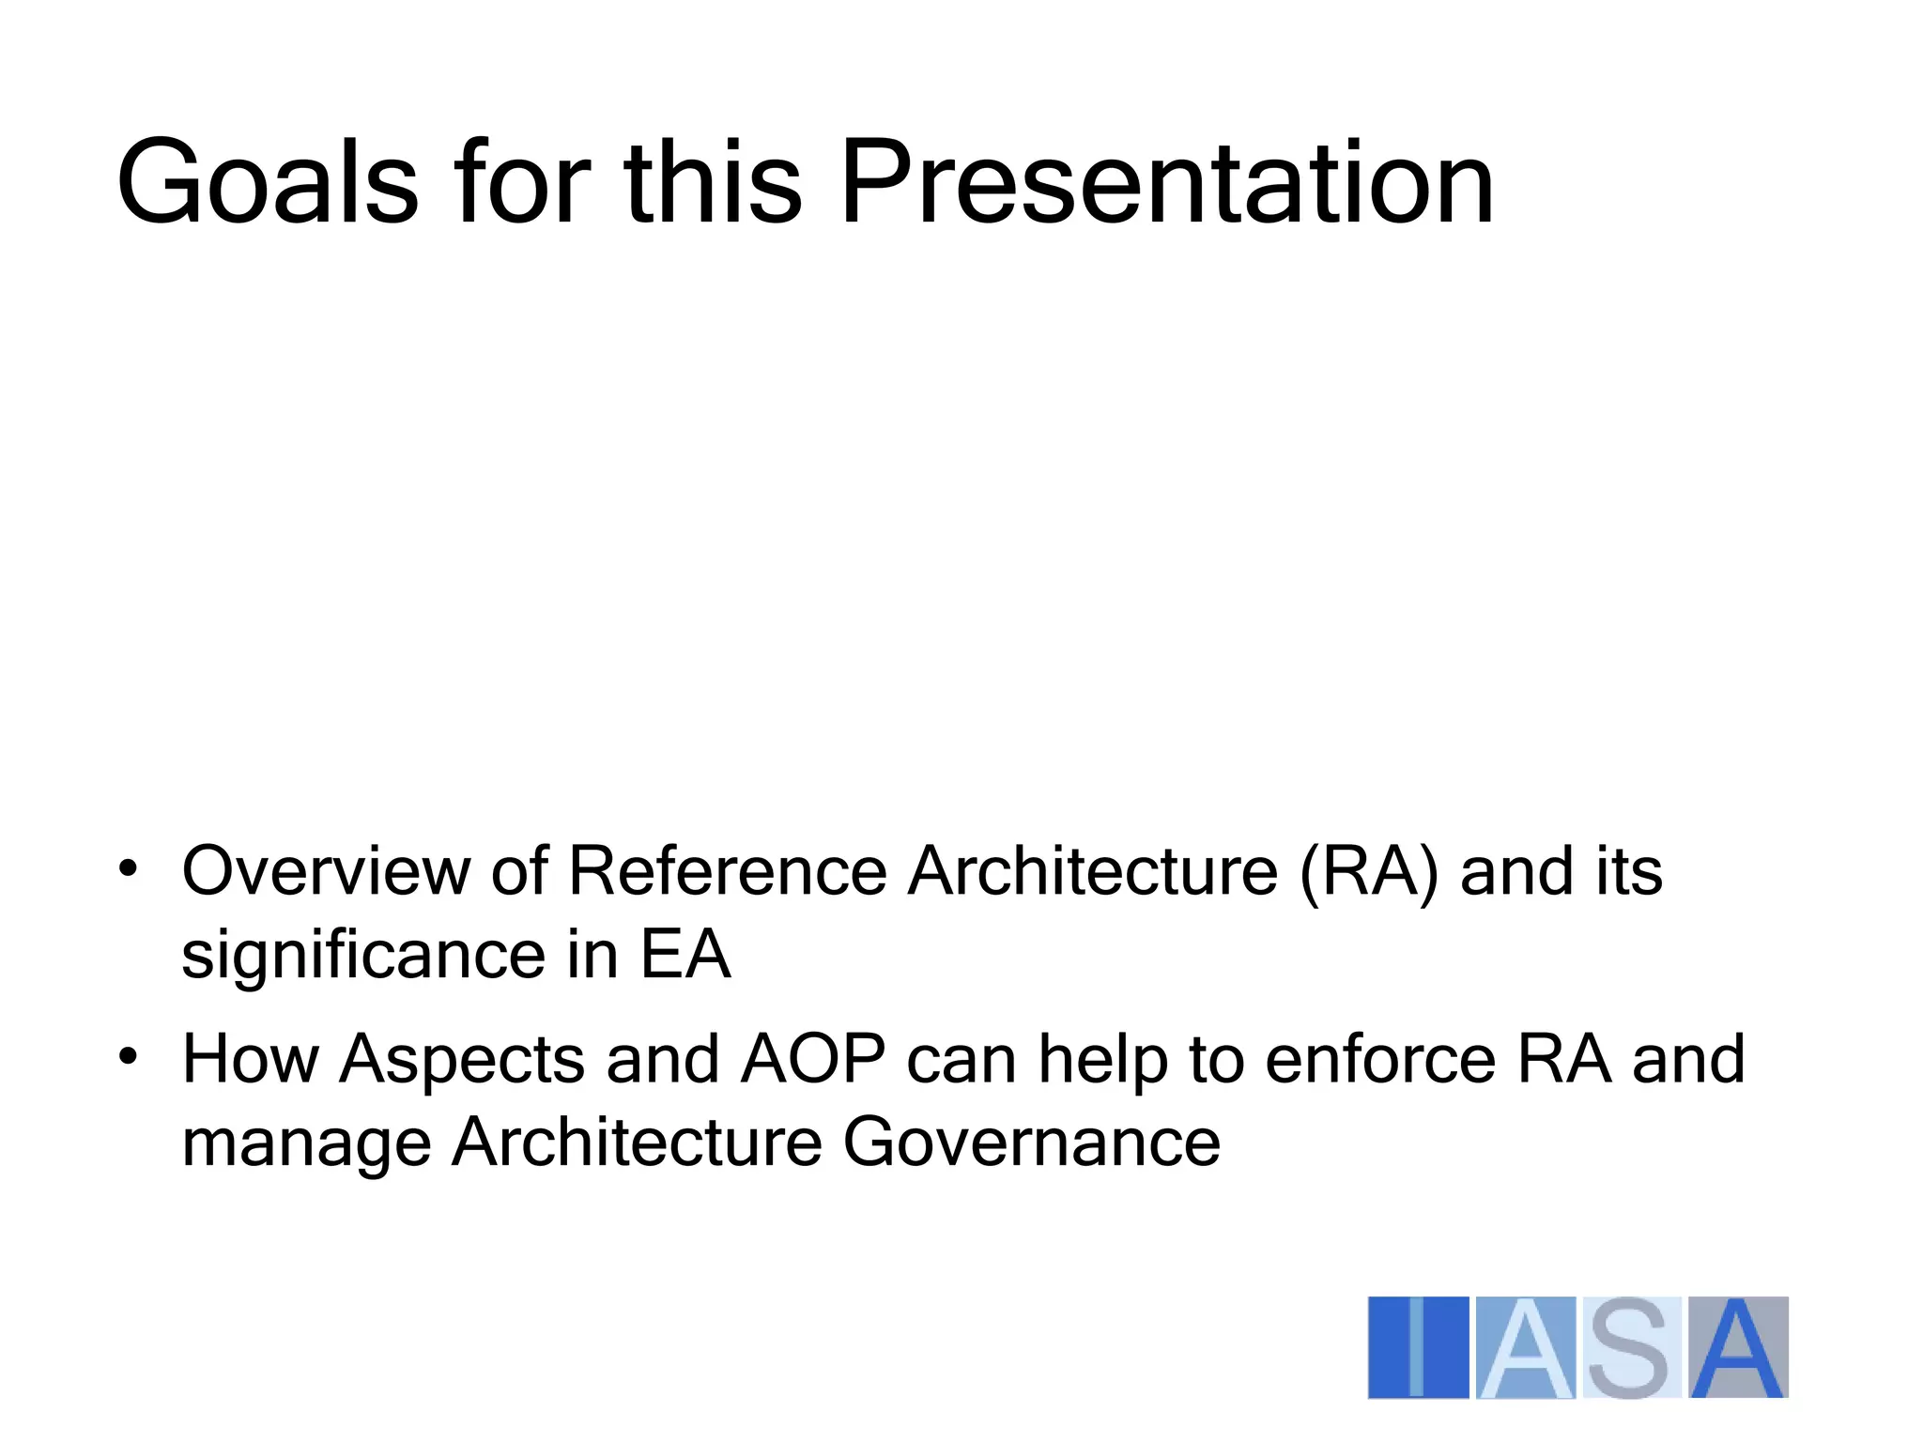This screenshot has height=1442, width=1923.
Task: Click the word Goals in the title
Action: (x=267, y=183)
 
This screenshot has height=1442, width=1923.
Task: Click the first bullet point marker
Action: (x=129, y=868)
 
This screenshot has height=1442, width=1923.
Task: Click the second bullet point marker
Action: (x=129, y=1056)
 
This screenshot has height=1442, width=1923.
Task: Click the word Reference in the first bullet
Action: (x=728, y=871)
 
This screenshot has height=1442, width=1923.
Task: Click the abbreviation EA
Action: (x=685, y=956)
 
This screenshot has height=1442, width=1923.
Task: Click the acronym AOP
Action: (x=813, y=1059)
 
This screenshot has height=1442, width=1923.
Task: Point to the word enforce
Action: (x=1379, y=1059)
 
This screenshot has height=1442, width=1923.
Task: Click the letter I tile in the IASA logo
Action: (x=1418, y=1347)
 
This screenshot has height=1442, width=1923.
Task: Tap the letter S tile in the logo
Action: (x=1630, y=1347)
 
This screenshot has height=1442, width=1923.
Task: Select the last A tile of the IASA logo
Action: (x=1738, y=1347)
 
